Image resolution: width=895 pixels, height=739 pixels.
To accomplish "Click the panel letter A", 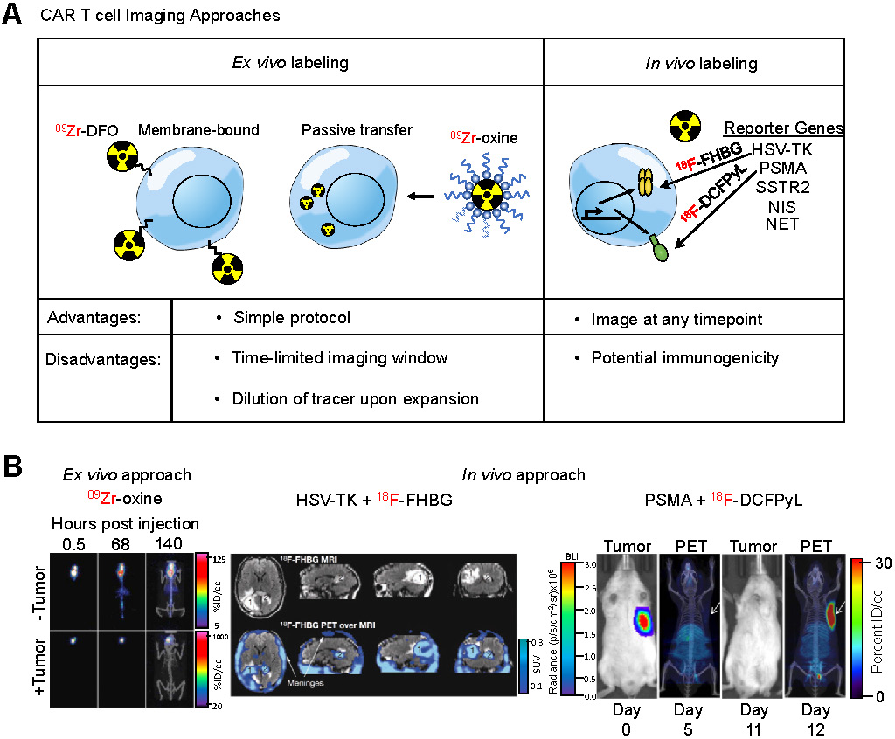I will pyautogui.click(x=12, y=16).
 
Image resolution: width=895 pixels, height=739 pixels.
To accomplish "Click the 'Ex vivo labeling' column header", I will pyautogui.click(x=290, y=62).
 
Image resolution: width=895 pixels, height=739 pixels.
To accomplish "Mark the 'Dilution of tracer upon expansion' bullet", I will pyautogui.click(x=355, y=398).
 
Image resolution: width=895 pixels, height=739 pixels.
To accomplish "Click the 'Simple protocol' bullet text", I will pyautogui.click(x=291, y=318).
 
